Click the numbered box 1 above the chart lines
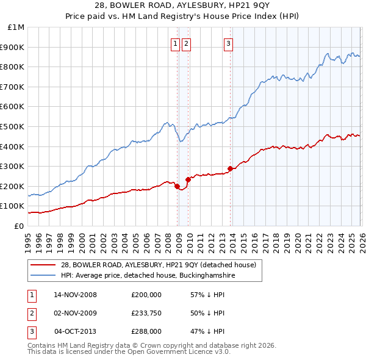pos(175,43)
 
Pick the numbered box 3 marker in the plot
pos(228,43)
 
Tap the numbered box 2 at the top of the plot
pos(186,43)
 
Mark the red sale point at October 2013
pos(230,168)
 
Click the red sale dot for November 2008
pos(178,186)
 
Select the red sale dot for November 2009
pos(188,179)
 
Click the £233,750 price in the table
pos(146,313)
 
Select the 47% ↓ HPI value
pos(207,331)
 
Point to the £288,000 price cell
pos(146,331)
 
